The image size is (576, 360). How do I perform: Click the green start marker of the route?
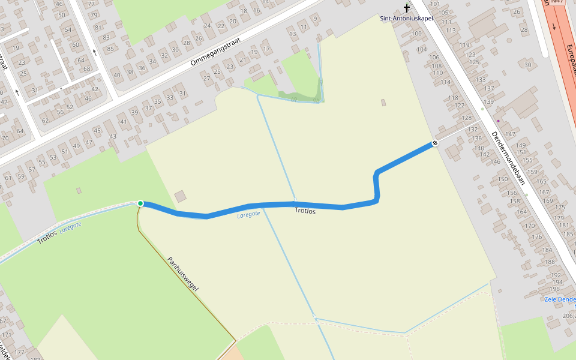(140, 203)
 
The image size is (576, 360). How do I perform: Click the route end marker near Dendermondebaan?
(435, 143)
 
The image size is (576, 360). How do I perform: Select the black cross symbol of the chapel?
(407, 8)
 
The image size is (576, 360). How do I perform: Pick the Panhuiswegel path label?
(183, 274)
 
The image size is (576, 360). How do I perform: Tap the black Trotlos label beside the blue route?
(305, 211)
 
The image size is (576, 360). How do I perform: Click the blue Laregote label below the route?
(248, 214)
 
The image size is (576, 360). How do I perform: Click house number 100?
(416, 33)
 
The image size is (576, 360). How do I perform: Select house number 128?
(467, 118)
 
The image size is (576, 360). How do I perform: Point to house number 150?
(503, 179)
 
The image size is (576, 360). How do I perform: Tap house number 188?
(550, 262)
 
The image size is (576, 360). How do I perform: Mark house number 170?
(530, 226)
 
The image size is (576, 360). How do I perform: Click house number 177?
(20, 352)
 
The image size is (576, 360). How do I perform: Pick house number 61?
(8, 178)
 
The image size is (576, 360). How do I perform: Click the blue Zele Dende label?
(560, 299)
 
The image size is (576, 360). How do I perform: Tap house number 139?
(489, 102)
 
